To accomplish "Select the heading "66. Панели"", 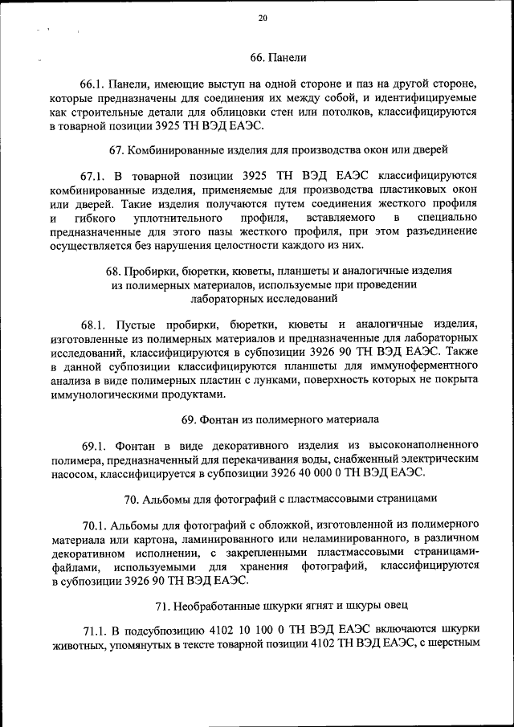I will point(278,57).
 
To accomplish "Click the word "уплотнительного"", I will point(180,218).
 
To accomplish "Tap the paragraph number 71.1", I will point(95,629).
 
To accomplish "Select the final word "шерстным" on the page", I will point(452,643).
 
